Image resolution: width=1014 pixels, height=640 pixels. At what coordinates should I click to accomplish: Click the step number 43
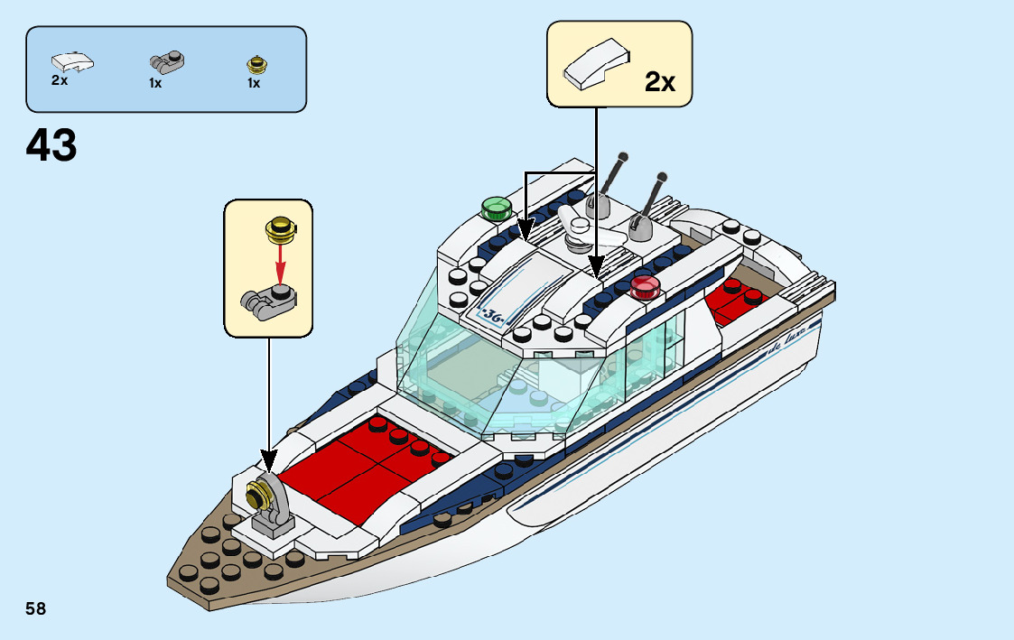tap(52, 145)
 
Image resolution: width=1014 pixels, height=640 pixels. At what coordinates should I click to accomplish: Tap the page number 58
tap(36, 608)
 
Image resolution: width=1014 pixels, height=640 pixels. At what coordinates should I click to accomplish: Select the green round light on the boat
tap(495, 209)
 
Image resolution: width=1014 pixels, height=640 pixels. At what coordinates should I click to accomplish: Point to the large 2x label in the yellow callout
tap(660, 83)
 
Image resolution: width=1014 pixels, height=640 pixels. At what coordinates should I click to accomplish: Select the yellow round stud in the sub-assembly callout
tap(280, 230)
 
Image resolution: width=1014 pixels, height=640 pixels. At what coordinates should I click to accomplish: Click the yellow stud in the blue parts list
tap(256, 64)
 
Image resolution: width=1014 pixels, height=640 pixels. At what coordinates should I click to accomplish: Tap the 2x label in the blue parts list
tap(60, 81)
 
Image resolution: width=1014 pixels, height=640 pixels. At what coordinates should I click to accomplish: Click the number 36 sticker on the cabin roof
tap(492, 316)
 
